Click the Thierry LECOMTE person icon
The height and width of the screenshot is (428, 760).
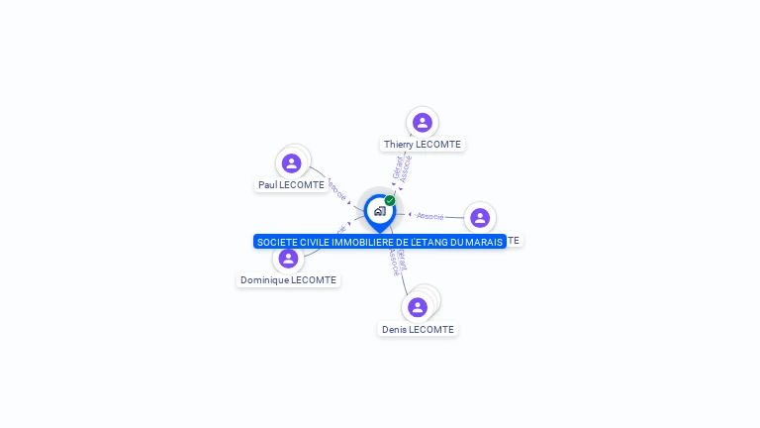[423, 123]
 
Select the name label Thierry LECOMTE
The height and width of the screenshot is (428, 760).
[423, 145]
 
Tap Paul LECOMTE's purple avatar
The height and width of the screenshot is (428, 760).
[291, 163]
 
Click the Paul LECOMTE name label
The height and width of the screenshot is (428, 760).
[291, 185]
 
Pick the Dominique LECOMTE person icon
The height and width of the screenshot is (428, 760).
[288, 259]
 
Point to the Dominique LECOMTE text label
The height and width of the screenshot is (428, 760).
[288, 280]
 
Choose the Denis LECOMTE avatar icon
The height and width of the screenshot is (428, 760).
[418, 307]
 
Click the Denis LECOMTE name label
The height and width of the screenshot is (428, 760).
[418, 330]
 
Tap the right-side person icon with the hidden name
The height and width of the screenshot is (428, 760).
[480, 218]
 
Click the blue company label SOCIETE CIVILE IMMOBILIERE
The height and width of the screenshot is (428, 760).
[379, 242]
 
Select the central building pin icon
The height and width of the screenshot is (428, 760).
[379, 211]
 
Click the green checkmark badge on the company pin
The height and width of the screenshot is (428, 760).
[390, 201]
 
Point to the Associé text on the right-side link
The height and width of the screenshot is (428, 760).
[430, 215]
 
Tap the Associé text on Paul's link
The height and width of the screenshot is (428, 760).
[336, 188]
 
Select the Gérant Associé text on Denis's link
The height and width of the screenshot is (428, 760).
[396, 260]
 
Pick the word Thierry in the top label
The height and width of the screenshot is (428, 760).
[399, 145]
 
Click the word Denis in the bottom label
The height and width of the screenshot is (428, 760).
[395, 330]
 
